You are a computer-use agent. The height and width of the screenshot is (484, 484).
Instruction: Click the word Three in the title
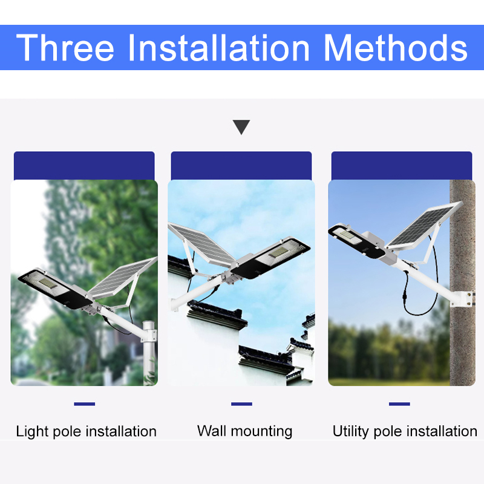click(x=65, y=48)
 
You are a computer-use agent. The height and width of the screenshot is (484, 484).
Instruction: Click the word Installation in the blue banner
click(x=219, y=48)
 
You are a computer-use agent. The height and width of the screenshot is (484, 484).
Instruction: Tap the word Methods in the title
click(x=396, y=48)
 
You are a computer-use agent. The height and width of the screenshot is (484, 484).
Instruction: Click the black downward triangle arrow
click(x=241, y=127)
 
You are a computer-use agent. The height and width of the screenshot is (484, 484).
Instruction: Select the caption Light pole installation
click(x=86, y=431)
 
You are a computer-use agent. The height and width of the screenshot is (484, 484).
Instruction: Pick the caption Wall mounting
click(x=245, y=431)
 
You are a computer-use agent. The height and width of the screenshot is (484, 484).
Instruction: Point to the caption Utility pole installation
click(x=405, y=431)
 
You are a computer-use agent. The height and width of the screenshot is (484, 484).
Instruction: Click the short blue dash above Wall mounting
click(x=241, y=404)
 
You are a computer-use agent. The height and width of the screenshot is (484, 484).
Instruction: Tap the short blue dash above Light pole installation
click(x=85, y=404)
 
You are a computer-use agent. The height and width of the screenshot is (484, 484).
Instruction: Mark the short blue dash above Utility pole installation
click(x=399, y=404)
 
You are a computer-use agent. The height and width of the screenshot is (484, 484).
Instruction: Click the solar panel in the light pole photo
click(x=122, y=277)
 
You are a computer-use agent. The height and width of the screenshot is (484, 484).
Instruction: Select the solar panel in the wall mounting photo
click(x=200, y=243)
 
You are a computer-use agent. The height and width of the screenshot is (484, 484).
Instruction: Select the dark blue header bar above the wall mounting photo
click(x=241, y=166)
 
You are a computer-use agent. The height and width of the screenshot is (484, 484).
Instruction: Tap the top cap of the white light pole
click(x=148, y=324)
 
